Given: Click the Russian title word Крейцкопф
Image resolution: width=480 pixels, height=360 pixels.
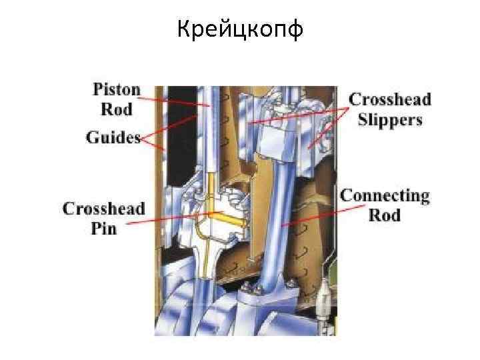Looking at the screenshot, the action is (240, 29).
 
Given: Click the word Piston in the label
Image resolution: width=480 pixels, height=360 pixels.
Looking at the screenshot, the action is (117, 90).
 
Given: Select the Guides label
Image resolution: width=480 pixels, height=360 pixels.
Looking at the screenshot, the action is (113, 137).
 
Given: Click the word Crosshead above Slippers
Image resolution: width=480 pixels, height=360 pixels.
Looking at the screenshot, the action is (390, 100).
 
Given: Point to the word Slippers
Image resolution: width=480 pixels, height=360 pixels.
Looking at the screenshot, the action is (390, 119).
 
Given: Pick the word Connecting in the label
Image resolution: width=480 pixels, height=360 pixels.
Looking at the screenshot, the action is (385, 196).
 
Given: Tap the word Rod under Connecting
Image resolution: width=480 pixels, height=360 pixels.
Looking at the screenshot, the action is (385, 215).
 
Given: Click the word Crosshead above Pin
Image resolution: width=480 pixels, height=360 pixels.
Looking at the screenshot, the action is (103, 208).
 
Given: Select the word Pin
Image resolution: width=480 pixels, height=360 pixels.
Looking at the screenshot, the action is (103, 228).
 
